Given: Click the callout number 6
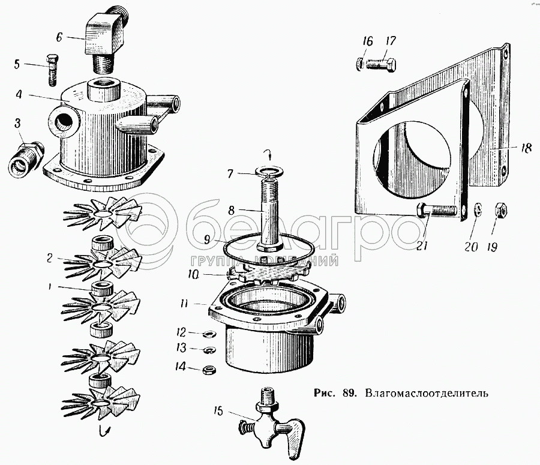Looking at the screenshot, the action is [59, 36].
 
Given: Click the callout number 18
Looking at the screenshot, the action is [526, 148].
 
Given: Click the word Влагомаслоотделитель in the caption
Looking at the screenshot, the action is [428, 394].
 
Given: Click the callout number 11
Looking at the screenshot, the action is [186, 303].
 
